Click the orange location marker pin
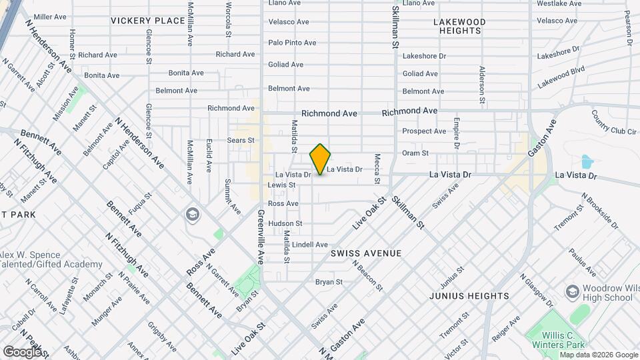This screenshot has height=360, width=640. pyautogui.click(x=320, y=159)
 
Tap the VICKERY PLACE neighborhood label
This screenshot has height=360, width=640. pyautogui.click(x=147, y=21)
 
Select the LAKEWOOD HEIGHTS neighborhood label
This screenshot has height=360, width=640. pyautogui.click(x=459, y=26)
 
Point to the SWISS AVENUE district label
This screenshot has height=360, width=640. pyautogui.click(x=366, y=253)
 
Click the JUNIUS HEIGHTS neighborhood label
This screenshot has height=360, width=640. pyautogui.click(x=469, y=295)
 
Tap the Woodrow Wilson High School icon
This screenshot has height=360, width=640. pyautogui.click(x=572, y=291)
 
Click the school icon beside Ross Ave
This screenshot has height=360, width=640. pyautogui.click(x=192, y=213)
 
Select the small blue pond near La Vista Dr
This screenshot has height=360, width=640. pyautogui.click(x=587, y=162)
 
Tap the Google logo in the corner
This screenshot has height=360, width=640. pyautogui.click(x=22, y=351)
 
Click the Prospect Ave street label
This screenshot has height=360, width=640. pyautogui.click(x=424, y=131)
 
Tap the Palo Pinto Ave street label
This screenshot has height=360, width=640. pyautogui.click(x=292, y=43)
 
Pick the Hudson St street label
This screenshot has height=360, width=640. pyautogui.click(x=285, y=223)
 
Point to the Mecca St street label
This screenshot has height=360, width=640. pyautogui.click(x=377, y=169)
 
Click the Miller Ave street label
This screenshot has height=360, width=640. pyautogui.click(x=50, y=16)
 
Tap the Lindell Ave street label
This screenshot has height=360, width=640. pyautogui.click(x=310, y=245)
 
